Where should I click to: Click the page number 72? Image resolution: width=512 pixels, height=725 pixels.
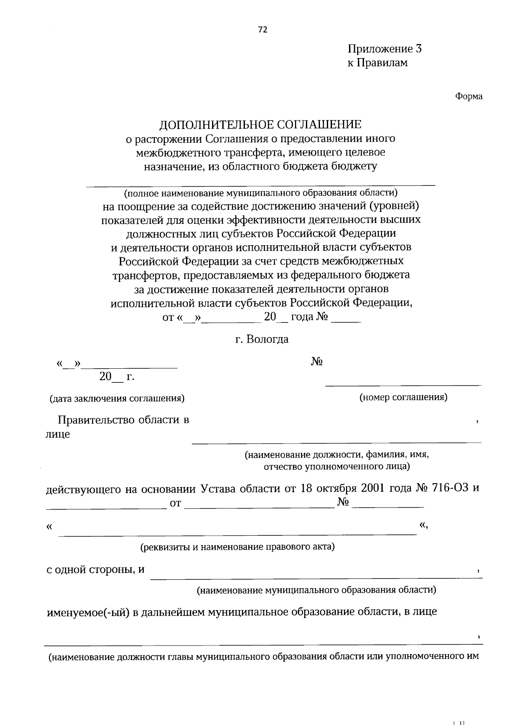262,29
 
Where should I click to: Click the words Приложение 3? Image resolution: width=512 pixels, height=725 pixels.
384,49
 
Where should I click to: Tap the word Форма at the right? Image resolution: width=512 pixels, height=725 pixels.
468,97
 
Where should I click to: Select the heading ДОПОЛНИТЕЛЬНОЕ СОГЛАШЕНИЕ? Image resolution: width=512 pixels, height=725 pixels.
260,125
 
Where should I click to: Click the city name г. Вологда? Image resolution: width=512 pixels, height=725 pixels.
262,339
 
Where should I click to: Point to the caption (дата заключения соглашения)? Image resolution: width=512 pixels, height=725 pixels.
117,399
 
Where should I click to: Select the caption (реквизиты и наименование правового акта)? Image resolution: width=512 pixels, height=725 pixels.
238,547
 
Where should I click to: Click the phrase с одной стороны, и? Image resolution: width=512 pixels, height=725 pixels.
96,570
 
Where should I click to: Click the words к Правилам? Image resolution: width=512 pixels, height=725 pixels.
377,63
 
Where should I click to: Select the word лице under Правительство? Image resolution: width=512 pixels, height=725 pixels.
58,434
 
